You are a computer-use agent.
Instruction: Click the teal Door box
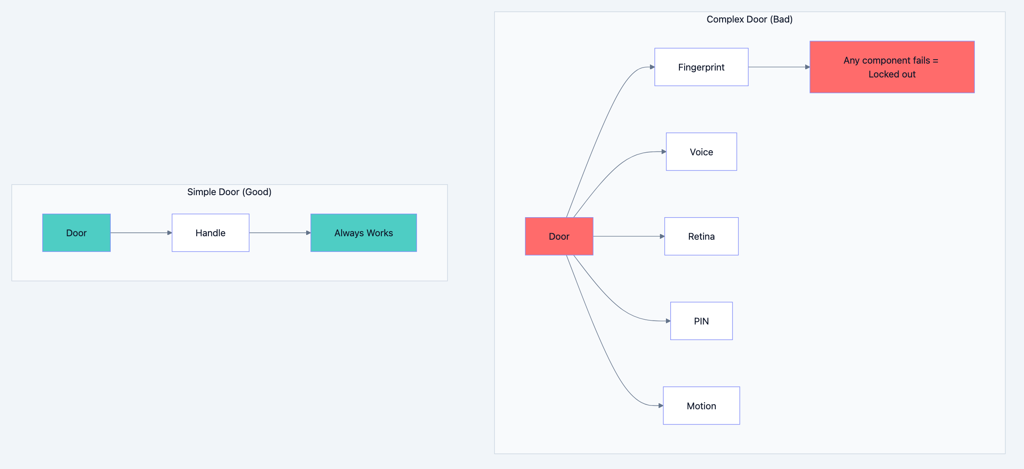(76, 233)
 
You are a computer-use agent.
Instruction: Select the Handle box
(210, 233)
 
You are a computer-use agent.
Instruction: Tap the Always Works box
(363, 233)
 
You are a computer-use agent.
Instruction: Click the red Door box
(559, 236)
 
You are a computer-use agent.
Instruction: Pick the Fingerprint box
(701, 67)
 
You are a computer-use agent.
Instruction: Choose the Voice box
(701, 152)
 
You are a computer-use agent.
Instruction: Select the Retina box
(701, 236)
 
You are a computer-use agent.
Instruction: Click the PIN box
(701, 321)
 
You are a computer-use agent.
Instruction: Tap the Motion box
(701, 406)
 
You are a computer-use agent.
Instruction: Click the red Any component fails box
(892, 67)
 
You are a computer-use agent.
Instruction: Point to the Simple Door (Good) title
(229, 192)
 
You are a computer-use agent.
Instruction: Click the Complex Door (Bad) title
(749, 19)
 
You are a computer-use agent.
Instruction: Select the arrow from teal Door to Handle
(141, 233)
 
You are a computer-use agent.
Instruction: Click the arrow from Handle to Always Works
(279, 233)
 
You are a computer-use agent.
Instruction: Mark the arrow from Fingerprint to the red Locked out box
(778, 67)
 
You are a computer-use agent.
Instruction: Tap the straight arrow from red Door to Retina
(628, 236)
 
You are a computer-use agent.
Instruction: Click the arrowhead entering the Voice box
(664, 152)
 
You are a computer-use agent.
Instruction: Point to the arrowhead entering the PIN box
(668, 321)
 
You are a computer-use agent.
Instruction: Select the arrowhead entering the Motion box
(661, 406)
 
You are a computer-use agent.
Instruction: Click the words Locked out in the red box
(892, 74)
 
